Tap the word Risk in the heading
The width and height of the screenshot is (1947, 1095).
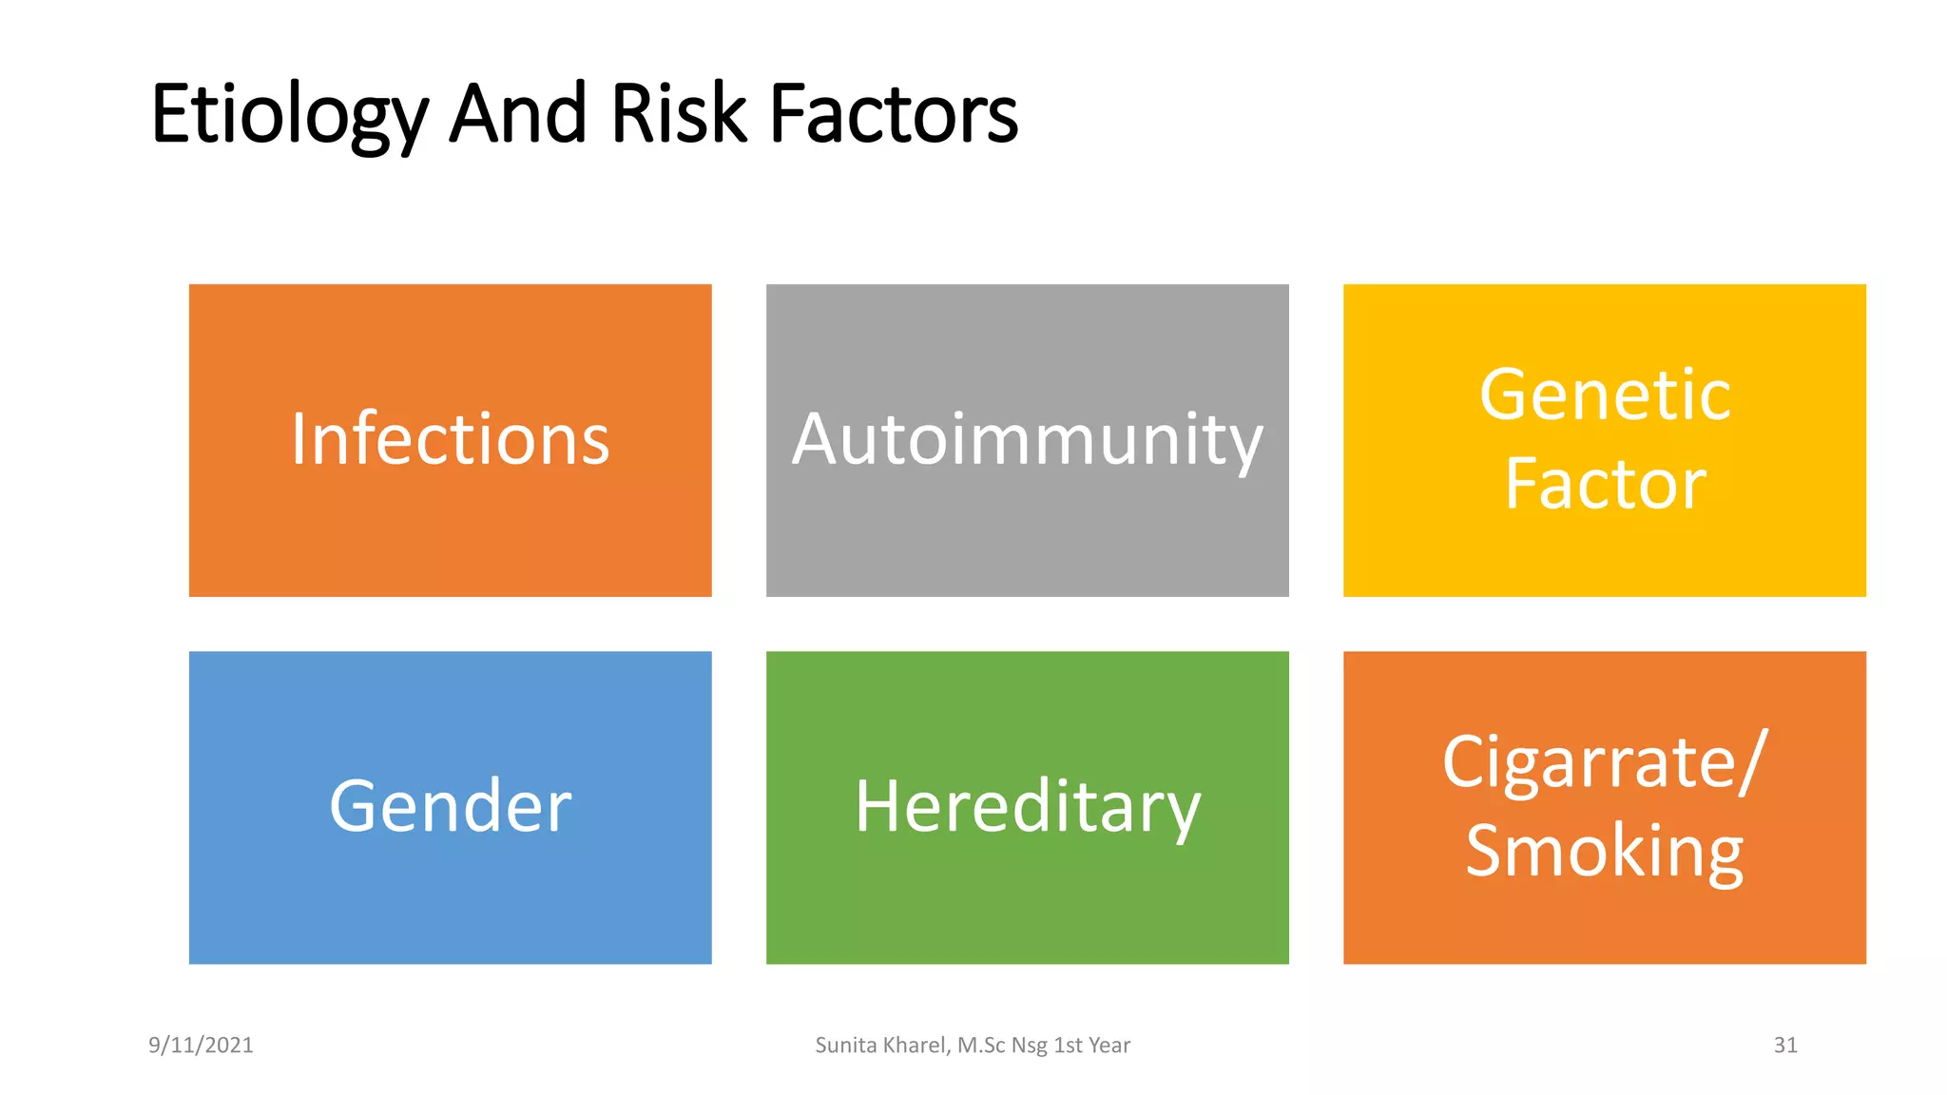pyautogui.click(x=678, y=114)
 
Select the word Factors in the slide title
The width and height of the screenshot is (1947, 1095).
pyautogui.click(x=893, y=114)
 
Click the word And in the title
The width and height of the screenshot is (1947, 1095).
pyautogui.click(x=517, y=114)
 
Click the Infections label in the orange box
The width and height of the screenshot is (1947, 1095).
pyautogui.click(x=450, y=440)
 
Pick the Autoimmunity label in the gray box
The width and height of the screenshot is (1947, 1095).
pyautogui.click(x=1027, y=440)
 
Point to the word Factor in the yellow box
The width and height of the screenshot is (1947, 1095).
pyautogui.click(x=1605, y=484)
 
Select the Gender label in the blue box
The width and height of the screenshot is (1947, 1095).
pyautogui.click(x=450, y=807)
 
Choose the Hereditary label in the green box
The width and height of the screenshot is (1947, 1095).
pyautogui.click(x=1027, y=807)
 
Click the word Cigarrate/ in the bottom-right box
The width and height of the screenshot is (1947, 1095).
pyautogui.click(x=1605, y=762)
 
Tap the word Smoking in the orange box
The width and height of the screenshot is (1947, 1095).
pyautogui.click(x=1605, y=851)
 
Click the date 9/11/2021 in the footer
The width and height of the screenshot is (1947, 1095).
pyautogui.click(x=201, y=1046)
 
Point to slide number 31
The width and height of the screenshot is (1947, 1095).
pyautogui.click(x=1785, y=1046)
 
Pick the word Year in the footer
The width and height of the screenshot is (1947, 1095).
pyautogui.click(x=1109, y=1046)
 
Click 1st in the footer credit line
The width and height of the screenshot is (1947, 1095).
pyautogui.click(x=1068, y=1046)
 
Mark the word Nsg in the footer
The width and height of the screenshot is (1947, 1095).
pyautogui.click(x=1029, y=1046)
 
